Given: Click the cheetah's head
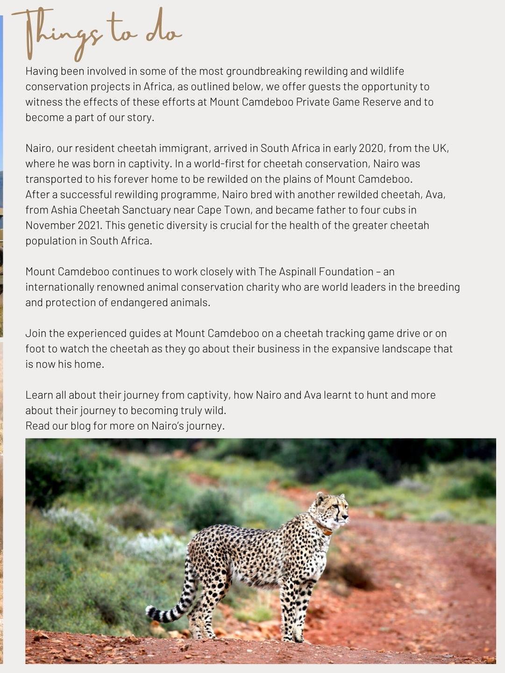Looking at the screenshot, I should (334, 508).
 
